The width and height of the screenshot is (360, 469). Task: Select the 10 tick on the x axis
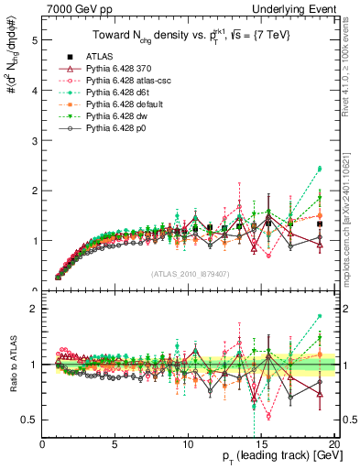pos(189,444)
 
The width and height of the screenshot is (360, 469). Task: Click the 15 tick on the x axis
pos(262,444)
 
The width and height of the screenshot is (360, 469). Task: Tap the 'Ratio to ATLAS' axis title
pos(12,367)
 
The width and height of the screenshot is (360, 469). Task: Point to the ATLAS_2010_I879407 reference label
pos(191,274)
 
